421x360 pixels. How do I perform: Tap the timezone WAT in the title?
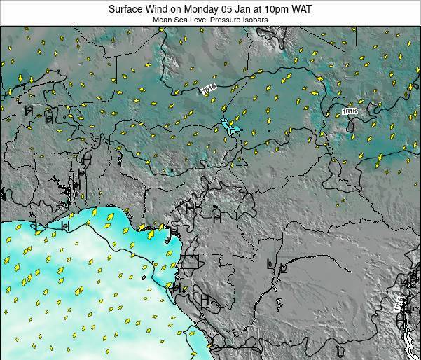[x=303, y=10]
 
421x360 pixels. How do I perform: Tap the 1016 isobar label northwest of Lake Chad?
[x=208, y=89]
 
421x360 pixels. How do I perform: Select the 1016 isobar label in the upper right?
[x=349, y=111]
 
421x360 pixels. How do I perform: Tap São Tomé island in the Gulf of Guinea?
[x=143, y=278]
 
